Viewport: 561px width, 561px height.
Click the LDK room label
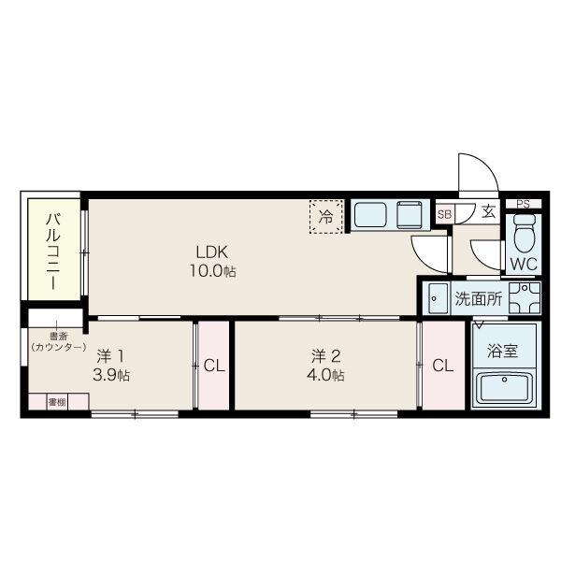point(212,252)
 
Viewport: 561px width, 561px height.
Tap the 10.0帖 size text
point(212,271)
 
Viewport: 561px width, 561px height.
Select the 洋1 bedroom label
point(110,356)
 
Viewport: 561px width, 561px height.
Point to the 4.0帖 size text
point(325,375)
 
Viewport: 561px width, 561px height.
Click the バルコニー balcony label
point(53,251)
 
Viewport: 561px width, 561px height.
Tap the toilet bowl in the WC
point(525,233)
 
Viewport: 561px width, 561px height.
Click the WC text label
point(524,264)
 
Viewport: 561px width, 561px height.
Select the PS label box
point(523,204)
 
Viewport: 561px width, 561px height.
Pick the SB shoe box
point(445,214)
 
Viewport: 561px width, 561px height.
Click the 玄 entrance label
point(488,211)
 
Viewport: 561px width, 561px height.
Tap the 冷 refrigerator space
point(326,217)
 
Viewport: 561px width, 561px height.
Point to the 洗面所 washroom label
point(479,299)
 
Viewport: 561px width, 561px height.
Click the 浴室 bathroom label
point(503,351)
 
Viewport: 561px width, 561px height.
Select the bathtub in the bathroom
point(504,388)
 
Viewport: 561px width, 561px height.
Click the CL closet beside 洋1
point(213,366)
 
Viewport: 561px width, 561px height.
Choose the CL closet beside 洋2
point(443,366)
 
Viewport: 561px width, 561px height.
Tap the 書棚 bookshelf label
point(57,402)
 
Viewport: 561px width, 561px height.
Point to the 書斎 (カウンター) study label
point(58,341)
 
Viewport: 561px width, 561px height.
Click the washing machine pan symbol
point(525,297)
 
